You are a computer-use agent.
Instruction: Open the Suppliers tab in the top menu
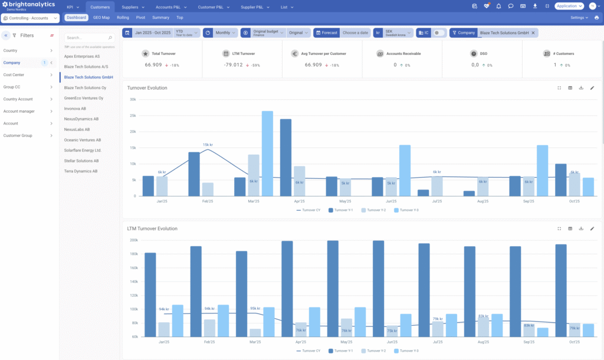pos(130,6)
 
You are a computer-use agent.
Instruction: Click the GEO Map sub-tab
pos(101,18)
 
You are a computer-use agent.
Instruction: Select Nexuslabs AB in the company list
pos(77,129)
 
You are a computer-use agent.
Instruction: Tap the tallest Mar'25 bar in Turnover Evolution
pos(267,153)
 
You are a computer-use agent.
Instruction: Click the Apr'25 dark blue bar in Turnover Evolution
pos(285,157)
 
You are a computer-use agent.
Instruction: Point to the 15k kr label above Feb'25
pos(208,145)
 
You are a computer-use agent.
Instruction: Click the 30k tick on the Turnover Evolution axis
pos(133,100)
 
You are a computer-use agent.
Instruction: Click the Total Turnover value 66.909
pos(153,65)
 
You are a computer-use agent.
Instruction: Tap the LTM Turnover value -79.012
pos(234,65)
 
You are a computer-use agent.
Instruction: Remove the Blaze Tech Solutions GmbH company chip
pos(533,33)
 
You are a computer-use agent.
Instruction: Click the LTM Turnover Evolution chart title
pos(152,228)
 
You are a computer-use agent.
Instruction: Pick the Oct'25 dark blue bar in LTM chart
pos(561,290)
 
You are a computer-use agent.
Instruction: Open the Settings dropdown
pos(579,18)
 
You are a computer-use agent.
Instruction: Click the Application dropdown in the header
pos(569,6)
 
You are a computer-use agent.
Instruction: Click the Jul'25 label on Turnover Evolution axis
pos(437,201)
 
